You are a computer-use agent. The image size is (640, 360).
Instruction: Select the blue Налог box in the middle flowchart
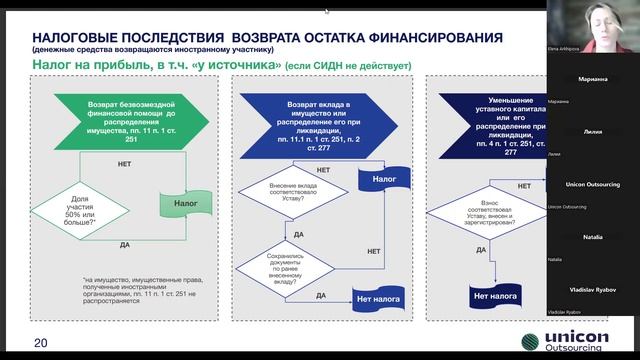(x=377, y=180)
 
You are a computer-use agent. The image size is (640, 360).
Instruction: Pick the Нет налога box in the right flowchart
(x=495, y=297)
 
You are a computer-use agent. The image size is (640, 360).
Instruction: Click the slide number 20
(x=40, y=343)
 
